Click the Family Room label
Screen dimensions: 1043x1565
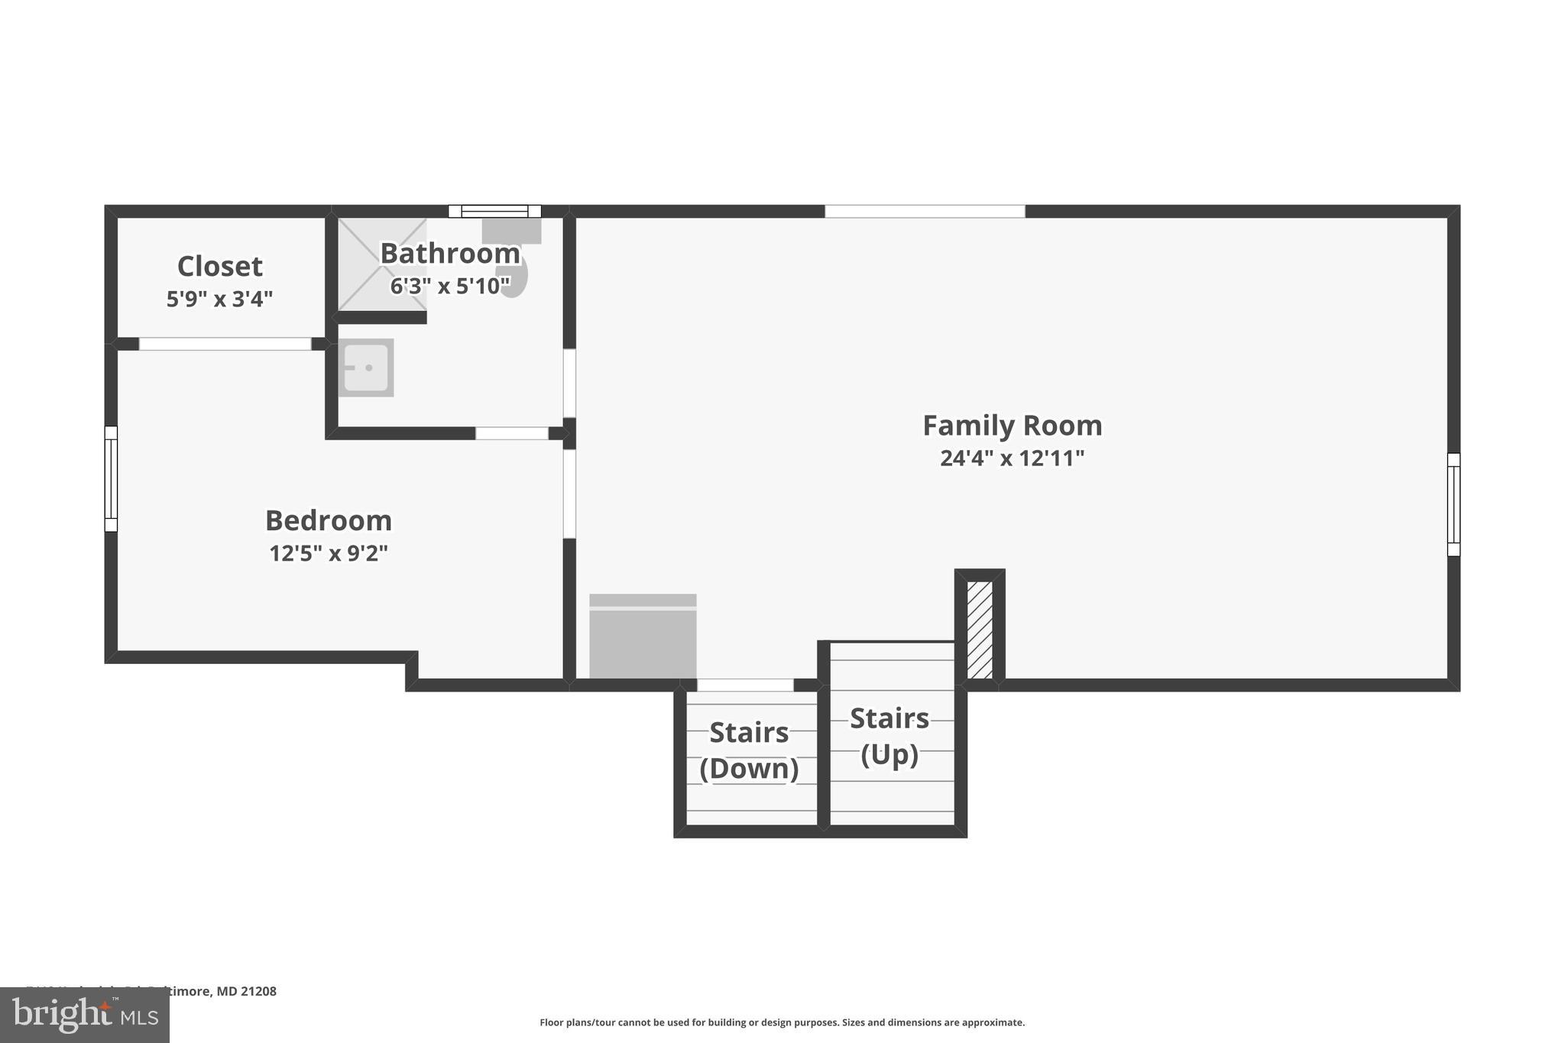1012,426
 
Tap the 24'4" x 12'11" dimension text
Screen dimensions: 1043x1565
1012,458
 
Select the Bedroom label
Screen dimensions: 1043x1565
329,520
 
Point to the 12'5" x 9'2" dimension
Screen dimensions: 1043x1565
329,553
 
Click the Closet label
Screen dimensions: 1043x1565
220,266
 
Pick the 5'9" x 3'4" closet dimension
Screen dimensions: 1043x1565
220,299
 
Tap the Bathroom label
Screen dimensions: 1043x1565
450,253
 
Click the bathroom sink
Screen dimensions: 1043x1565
366,368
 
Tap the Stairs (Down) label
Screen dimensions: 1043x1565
749,750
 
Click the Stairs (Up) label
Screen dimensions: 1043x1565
889,736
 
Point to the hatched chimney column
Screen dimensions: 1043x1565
980,630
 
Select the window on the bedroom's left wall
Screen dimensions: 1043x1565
111,478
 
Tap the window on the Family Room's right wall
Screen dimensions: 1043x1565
1453,504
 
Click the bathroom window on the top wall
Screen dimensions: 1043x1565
494,211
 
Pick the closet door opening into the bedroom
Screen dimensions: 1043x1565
225,344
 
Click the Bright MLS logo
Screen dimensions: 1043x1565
84,1015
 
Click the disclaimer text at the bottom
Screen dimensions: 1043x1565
782,1022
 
